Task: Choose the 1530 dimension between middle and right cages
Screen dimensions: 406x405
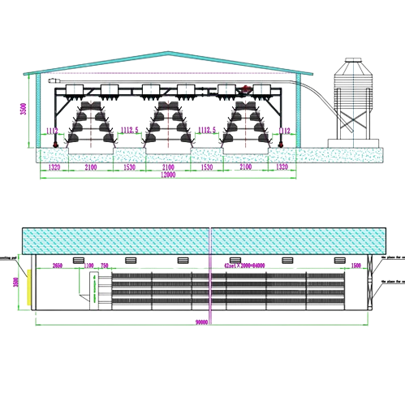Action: (x=207, y=167)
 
